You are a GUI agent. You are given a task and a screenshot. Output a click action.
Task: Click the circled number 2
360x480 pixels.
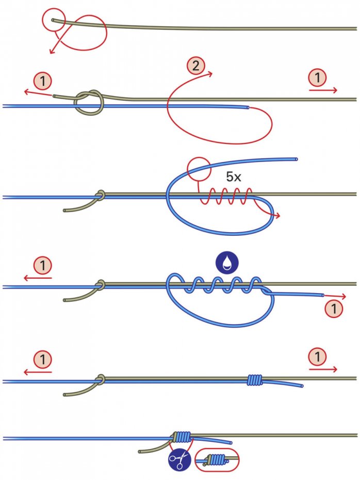click(x=195, y=66)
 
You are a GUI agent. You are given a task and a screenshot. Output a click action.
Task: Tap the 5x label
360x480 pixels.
click(x=235, y=177)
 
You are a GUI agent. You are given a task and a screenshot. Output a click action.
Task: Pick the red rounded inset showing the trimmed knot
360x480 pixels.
click(x=217, y=459)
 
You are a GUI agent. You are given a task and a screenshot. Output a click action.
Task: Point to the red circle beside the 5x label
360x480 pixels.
click(x=199, y=169)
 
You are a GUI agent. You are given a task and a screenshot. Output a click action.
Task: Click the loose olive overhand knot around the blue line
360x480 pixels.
click(x=90, y=103)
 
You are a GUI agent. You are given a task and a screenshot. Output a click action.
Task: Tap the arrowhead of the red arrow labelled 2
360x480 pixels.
click(x=211, y=74)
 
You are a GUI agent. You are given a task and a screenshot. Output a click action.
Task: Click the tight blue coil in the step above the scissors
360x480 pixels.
click(x=254, y=380)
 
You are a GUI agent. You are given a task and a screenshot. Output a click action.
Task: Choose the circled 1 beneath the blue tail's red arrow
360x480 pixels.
click(x=335, y=309)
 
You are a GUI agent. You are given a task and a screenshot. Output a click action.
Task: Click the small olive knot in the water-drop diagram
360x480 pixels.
click(x=101, y=284)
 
